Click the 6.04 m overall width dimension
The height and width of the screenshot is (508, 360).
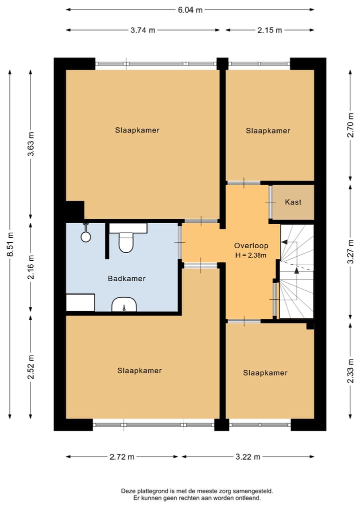click(x=190, y=9)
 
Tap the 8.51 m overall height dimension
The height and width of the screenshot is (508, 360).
click(x=10, y=245)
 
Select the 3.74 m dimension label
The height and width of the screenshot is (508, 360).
click(x=142, y=30)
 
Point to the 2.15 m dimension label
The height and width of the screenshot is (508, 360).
click(x=270, y=30)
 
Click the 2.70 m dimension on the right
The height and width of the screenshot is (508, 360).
click(x=350, y=125)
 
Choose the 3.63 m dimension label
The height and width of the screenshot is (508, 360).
click(x=31, y=144)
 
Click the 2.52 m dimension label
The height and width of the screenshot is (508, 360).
click(x=31, y=367)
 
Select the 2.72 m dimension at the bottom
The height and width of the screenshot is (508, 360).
click(x=122, y=457)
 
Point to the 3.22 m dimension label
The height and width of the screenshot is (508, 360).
click(x=248, y=457)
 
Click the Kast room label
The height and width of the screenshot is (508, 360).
click(x=293, y=202)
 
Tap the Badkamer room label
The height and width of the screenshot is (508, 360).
click(x=126, y=279)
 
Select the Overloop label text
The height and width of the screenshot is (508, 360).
click(x=251, y=246)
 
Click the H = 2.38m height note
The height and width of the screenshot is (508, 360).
click(x=251, y=255)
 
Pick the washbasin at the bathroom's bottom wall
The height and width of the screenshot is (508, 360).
click(x=124, y=305)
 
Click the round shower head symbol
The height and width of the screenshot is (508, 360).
click(x=85, y=237)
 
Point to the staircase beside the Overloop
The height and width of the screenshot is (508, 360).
click(x=297, y=272)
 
